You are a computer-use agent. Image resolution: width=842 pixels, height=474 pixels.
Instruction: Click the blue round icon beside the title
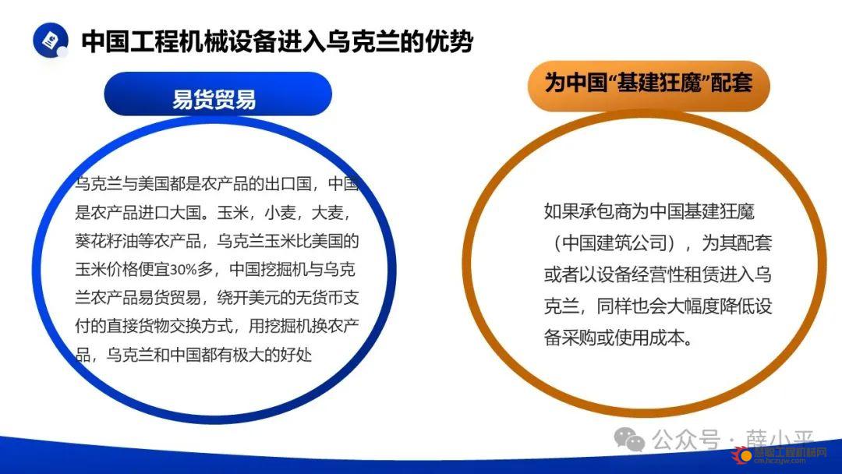click(x=51, y=40)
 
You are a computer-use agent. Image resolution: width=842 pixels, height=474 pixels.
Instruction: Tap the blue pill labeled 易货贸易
click(x=218, y=94)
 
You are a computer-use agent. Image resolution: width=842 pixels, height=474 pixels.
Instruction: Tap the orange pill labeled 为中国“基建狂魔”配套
click(x=649, y=85)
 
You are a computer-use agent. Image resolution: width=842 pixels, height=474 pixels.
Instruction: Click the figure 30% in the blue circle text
click(x=184, y=270)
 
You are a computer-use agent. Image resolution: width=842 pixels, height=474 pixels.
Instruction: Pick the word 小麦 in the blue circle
click(x=281, y=213)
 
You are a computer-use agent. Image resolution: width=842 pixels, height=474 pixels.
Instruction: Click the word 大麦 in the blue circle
click(x=327, y=213)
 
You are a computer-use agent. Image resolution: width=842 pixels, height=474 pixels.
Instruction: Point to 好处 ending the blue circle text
click(x=296, y=355)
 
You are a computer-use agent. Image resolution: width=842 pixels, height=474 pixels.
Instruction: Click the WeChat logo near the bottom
click(x=629, y=439)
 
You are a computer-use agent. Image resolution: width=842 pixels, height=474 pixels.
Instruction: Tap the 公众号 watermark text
click(x=686, y=439)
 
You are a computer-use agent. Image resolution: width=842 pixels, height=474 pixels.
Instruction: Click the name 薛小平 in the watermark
click(x=780, y=438)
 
